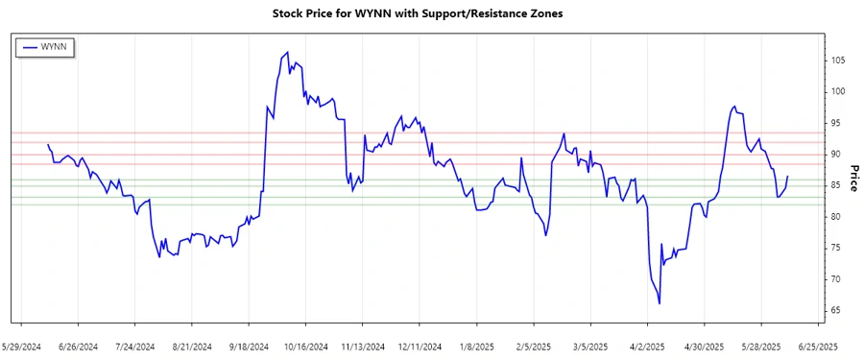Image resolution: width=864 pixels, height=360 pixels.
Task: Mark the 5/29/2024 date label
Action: [x=22, y=346]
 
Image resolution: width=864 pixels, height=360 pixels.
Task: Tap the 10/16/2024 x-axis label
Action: [x=306, y=346]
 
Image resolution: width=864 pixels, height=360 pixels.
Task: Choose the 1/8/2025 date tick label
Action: [x=477, y=346]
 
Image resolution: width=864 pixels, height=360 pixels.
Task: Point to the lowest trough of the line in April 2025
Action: [x=660, y=303]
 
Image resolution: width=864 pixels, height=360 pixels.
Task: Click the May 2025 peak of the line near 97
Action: [x=734, y=107]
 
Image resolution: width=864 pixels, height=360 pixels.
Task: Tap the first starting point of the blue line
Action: [x=48, y=145]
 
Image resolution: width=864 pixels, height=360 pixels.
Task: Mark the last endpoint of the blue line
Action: [x=787, y=177]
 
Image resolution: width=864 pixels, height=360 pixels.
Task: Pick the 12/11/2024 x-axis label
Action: [x=420, y=346]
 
